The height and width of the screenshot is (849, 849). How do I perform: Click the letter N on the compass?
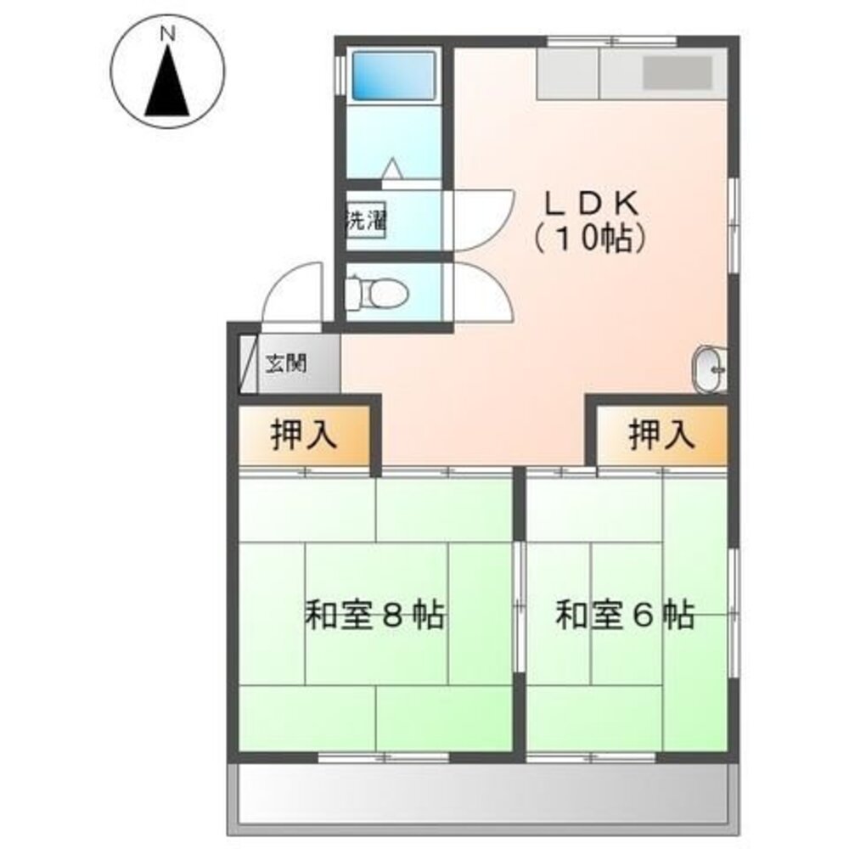(168, 35)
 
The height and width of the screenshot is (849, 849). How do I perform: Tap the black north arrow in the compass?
(167, 85)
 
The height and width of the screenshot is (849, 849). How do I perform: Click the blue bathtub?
(392, 76)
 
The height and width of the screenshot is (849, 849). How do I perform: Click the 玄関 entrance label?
(286, 365)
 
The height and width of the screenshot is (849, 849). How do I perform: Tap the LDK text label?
(591, 204)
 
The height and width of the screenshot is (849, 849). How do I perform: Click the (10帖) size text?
(591, 239)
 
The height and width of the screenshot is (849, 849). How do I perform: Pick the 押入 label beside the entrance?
(304, 436)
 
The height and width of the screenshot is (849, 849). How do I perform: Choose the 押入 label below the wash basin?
(661, 436)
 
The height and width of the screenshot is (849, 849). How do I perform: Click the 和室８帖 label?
(374, 615)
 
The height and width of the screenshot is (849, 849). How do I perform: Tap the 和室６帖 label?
(625, 615)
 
